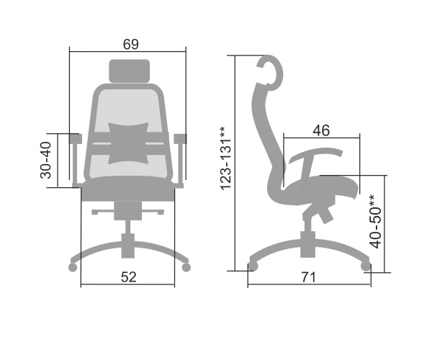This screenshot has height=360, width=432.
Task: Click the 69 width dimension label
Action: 131,45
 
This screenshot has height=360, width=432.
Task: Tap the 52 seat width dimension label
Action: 129,277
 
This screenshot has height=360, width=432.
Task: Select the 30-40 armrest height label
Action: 46,160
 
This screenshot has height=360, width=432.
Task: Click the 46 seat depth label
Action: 321,130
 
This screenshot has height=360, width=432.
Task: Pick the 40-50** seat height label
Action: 375,222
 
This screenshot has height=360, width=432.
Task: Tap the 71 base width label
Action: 308,277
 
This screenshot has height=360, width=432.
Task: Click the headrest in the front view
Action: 130,71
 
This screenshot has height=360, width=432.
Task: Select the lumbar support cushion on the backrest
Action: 128,143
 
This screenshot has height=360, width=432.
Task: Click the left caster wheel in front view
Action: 73,267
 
